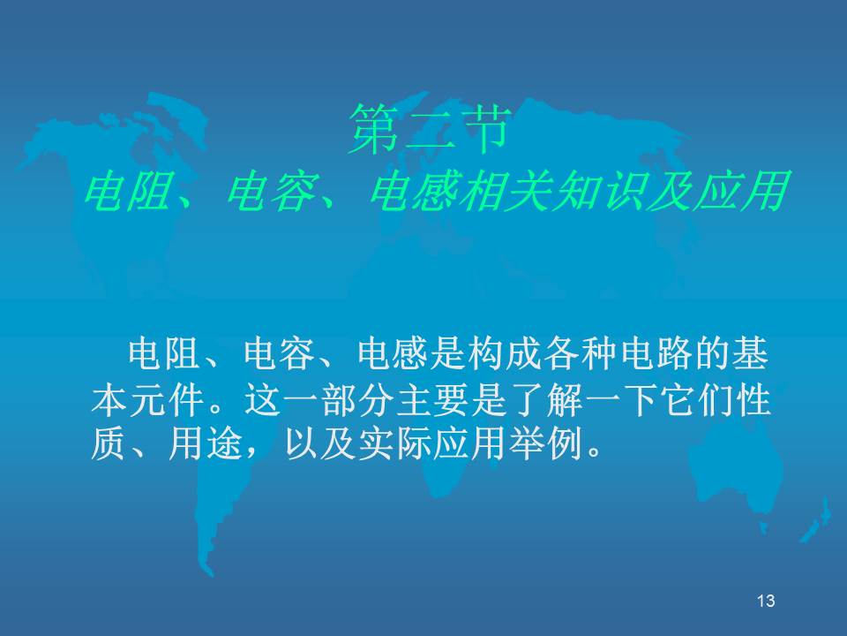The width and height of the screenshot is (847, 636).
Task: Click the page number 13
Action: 766,601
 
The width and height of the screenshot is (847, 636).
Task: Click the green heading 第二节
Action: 430,129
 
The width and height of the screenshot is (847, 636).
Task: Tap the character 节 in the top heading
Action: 484,129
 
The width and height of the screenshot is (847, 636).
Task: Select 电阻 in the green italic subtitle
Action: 128,191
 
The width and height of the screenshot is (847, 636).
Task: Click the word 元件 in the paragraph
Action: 167,401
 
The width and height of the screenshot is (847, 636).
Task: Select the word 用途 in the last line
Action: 205,445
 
